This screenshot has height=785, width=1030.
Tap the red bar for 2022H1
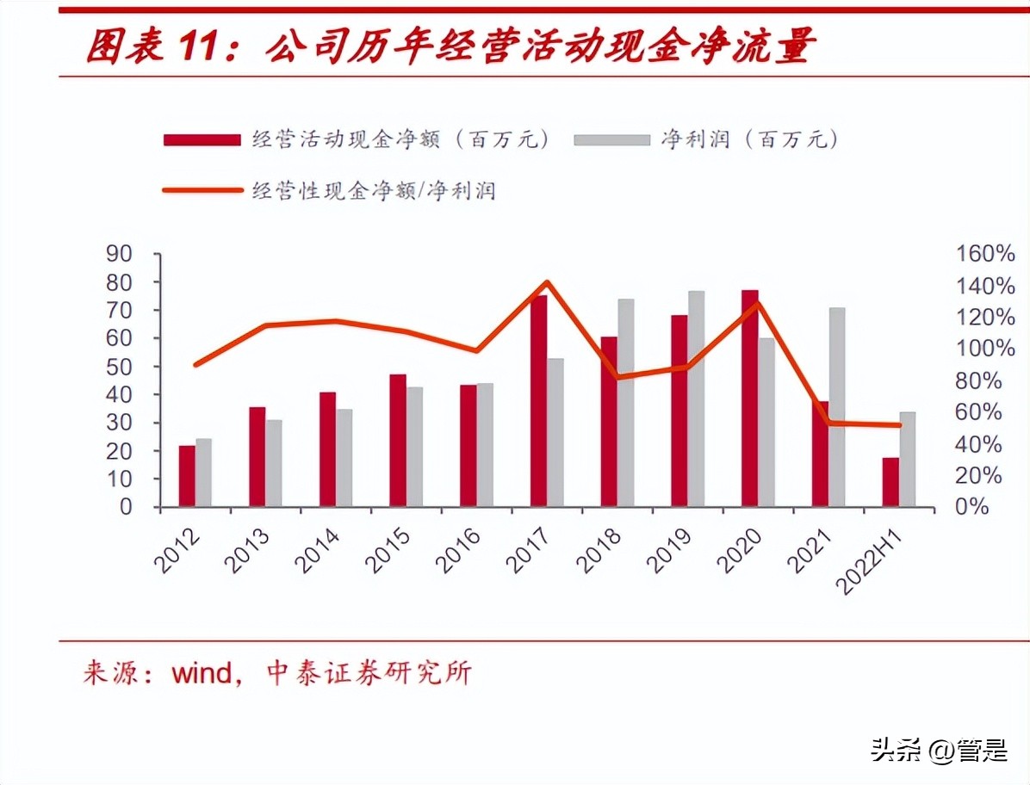(890, 482)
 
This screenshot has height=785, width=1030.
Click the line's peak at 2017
(547, 282)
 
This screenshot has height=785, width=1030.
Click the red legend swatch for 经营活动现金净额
(202, 139)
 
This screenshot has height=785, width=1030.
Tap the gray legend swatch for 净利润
(611, 139)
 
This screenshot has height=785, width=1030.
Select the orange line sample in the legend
(202, 190)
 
